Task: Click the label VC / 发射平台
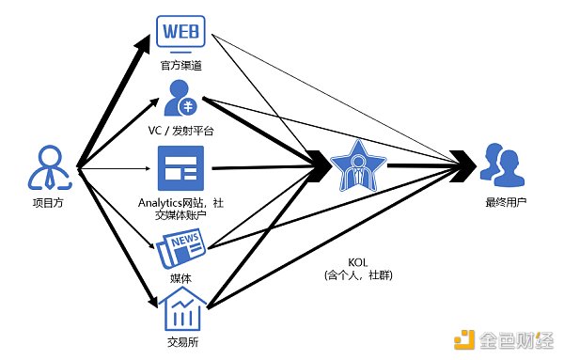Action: (x=182, y=131)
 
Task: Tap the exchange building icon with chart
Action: (x=181, y=309)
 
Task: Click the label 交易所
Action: (x=182, y=342)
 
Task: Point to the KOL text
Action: (x=351, y=262)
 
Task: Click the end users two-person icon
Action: (x=498, y=164)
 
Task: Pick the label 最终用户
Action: (x=499, y=201)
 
